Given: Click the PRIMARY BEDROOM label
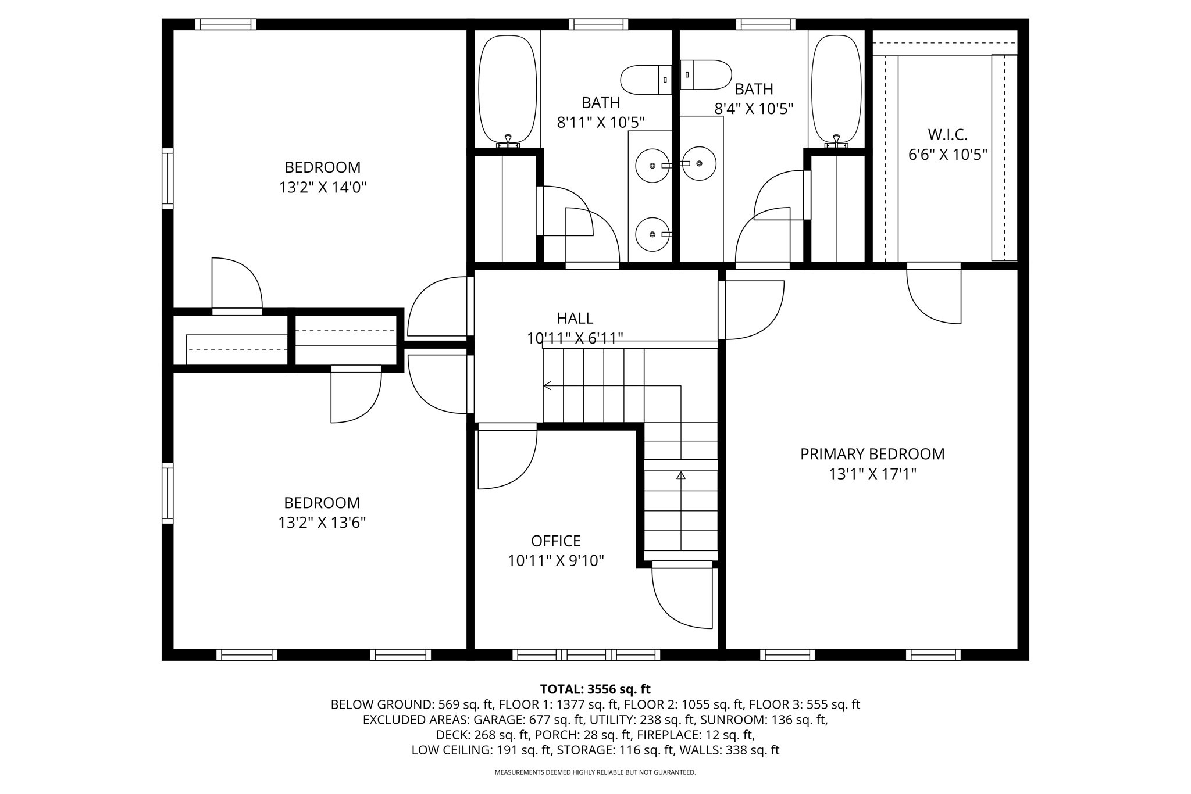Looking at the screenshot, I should click(x=872, y=454).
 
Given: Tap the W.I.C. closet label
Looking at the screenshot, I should click(x=947, y=135).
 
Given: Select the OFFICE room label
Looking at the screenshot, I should click(x=555, y=541).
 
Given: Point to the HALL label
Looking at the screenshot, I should click(x=575, y=319).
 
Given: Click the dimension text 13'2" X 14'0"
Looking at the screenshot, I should click(x=323, y=188).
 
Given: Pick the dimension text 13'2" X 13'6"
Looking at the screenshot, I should click(x=322, y=523).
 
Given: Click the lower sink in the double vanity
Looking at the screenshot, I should click(x=652, y=234).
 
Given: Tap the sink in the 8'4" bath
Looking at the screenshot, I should click(x=698, y=164).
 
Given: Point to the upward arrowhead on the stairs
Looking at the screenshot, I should click(x=680, y=475).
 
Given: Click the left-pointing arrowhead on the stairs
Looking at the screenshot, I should click(x=547, y=385).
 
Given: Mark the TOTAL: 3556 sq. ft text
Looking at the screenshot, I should click(x=595, y=689).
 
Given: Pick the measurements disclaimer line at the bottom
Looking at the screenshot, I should click(x=595, y=772).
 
